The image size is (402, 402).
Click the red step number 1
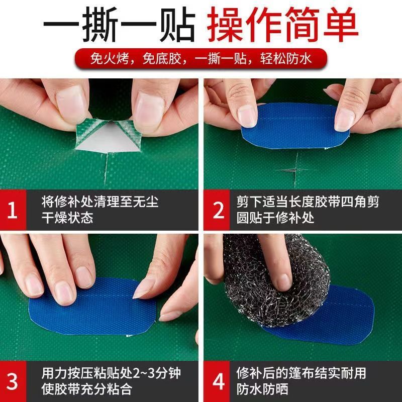click(12, 210)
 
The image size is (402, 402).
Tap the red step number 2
click(219, 210)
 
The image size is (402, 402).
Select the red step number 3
click(12, 381)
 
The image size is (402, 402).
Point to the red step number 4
click(219, 381)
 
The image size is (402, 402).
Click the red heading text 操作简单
click(282, 24)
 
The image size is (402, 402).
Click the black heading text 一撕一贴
click(120, 24)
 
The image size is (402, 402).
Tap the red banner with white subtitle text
click(201, 59)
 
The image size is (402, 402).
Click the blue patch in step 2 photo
click(295, 125)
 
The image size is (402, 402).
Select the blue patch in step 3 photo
click(92, 307)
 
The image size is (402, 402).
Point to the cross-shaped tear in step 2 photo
click(295, 170)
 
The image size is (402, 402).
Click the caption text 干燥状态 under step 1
click(67, 218)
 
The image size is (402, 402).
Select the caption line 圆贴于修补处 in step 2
click(275, 218)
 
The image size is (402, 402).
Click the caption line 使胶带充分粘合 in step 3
click(87, 389)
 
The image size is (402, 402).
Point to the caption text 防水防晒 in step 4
click(262, 389)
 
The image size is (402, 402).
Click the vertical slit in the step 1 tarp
click(106, 169)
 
